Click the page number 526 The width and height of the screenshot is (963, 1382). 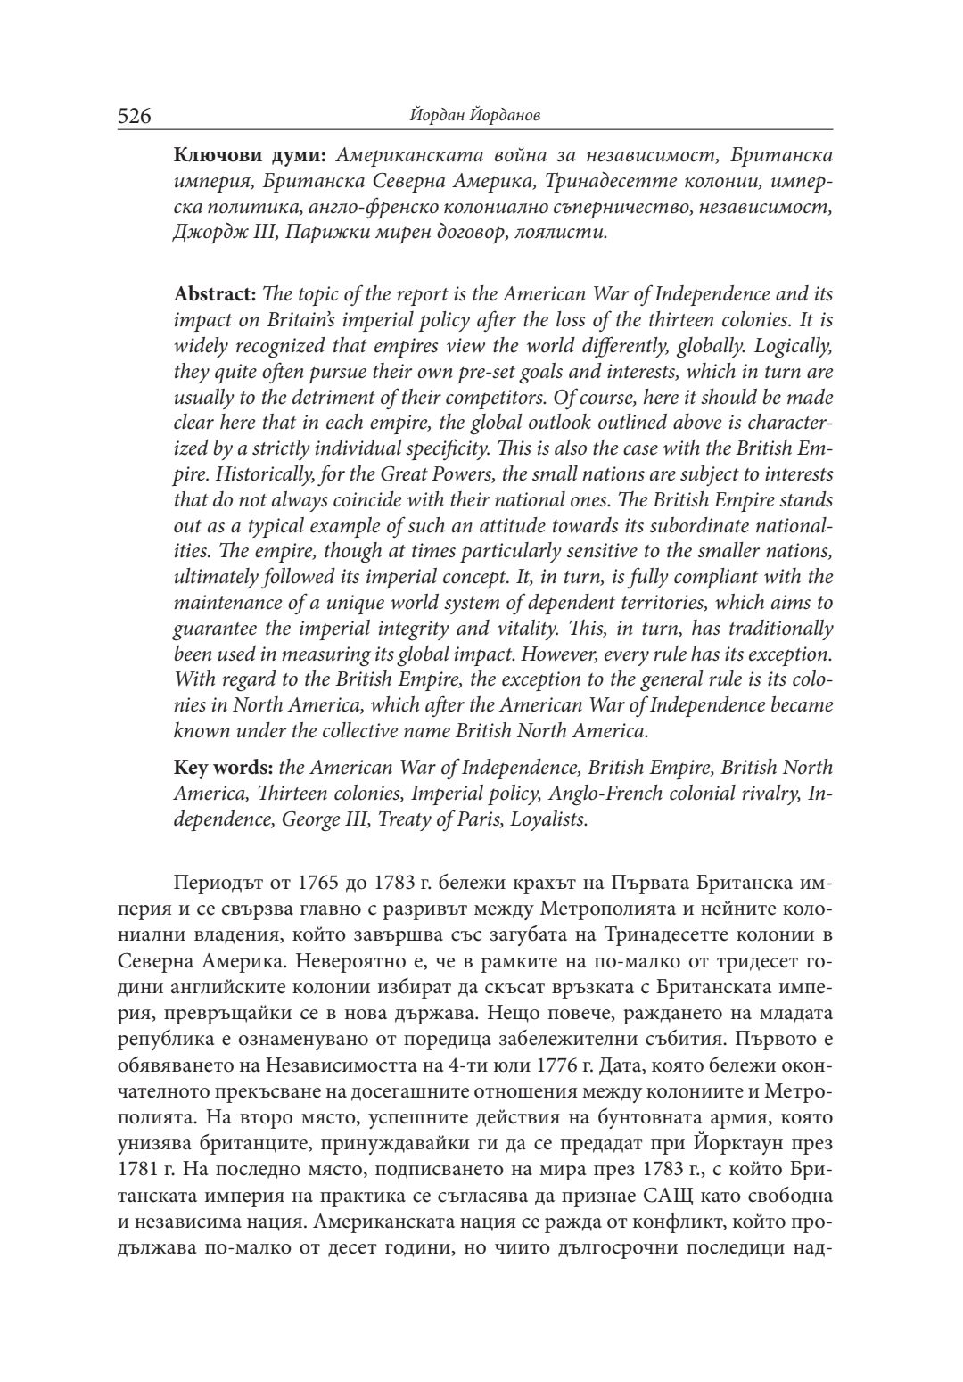[135, 116]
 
